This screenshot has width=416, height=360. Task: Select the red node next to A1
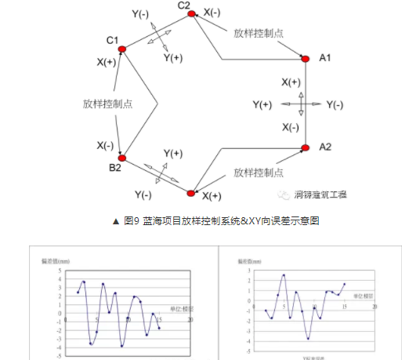click(305, 57)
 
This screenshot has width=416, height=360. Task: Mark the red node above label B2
click(122, 157)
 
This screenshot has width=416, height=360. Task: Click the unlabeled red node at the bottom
click(191, 191)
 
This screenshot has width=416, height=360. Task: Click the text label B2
click(114, 169)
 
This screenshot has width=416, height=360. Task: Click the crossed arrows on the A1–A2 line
click(305, 103)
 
